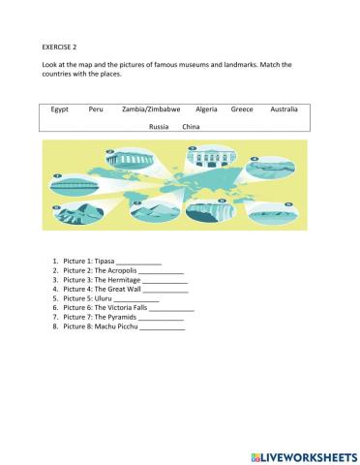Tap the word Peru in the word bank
[96, 109]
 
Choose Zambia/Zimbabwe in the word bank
[152, 109]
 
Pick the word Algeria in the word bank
[206, 109]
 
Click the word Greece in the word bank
[242, 109]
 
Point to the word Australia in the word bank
[285, 109]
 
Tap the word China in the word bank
[191, 127]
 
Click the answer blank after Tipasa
[138, 263]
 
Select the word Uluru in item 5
[105, 298]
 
